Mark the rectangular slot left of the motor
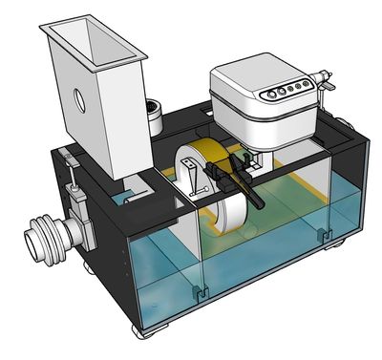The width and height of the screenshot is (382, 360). [191, 125]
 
